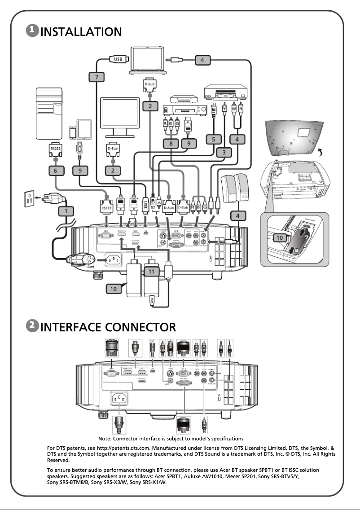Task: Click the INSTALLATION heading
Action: (81, 32)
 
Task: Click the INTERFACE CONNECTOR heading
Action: (108, 326)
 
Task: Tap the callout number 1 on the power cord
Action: (66, 211)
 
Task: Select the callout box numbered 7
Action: (96, 77)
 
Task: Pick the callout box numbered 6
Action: (55, 171)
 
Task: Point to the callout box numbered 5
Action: (214, 140)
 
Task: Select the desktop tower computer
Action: (48, 114)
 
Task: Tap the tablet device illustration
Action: (84, 128)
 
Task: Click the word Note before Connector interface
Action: (105, 438)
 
